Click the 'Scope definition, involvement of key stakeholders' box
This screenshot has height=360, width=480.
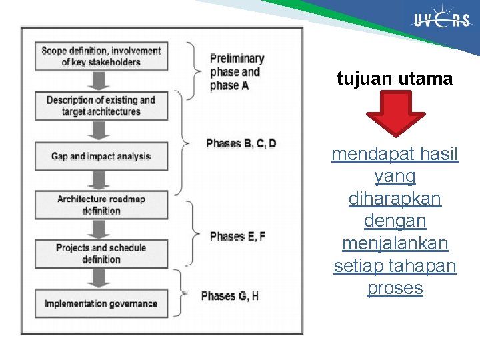tap(101, 56)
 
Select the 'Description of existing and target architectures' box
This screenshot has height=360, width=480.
tap(101, 106)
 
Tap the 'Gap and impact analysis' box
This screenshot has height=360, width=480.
tap(101, 156)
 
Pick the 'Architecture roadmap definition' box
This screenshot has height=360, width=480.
tap(101, 205)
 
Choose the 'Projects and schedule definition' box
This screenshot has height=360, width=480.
tap(101, 253)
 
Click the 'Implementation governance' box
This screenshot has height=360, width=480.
tap(101, 303)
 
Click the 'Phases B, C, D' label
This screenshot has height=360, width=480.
tap(241, 143)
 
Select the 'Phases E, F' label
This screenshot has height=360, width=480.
tap(237, 236)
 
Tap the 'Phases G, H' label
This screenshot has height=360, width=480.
tap(229, 296)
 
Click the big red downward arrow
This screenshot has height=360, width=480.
tap(395, 113)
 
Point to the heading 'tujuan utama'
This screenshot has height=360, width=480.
tap(395, 79)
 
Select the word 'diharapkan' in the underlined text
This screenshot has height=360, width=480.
tap(395, 199)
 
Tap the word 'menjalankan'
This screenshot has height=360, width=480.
tap(395, 243)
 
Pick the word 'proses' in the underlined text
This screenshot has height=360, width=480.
tap(395, 288)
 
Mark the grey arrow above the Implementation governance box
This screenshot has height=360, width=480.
tap(101, 279)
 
